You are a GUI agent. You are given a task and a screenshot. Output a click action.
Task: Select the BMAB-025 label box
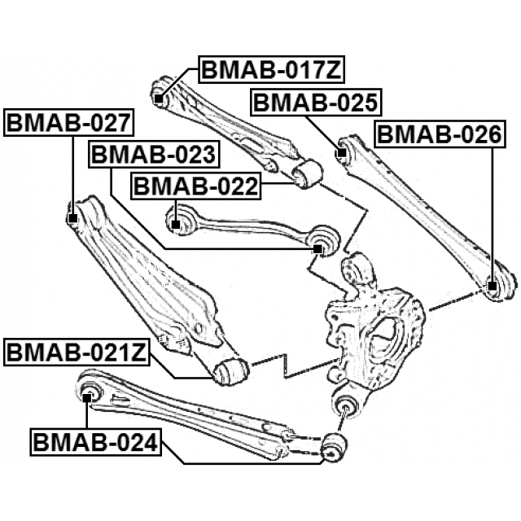pos(315,103)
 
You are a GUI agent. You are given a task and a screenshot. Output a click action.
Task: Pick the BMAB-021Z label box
pos(77,353)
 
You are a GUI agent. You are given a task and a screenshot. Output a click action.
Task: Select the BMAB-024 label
pos(97,444)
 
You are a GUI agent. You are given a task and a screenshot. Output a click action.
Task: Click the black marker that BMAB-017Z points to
pos(158,99)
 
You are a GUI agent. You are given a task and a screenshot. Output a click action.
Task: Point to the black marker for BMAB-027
pos(72,218)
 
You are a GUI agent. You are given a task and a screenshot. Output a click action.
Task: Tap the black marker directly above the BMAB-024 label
pos(88,396)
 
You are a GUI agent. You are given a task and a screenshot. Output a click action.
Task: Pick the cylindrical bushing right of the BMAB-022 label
pos(309,172)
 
